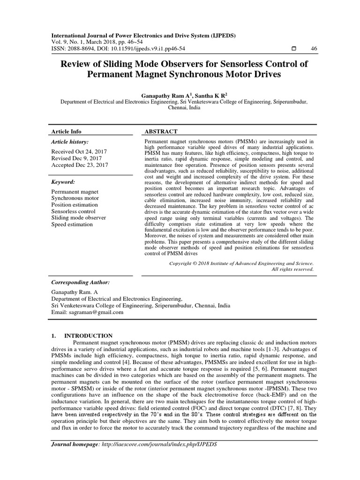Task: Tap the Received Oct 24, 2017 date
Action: tap(79, 152)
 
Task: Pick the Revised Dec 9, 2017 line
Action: tap(77, 158)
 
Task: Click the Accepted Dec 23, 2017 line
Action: tap(79, 165)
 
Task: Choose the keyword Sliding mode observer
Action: tap(78, 218)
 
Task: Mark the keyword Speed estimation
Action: tap(72, 225)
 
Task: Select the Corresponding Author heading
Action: tap(80, 283)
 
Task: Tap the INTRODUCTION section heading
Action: tap(88, 336)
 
